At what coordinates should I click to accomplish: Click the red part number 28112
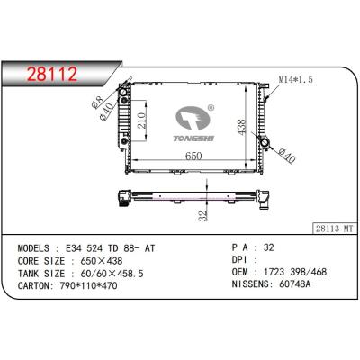coord(52,74)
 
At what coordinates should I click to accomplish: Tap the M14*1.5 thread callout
coord(296,79)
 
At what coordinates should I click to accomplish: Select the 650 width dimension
coord(193,156)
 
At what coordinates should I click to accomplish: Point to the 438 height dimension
coord(241,127)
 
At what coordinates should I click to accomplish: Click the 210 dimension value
coord(141,121)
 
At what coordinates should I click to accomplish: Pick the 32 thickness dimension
coord(203,215)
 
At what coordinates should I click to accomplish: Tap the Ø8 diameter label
coord(97,102)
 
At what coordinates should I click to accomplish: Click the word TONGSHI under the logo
coord(193,139)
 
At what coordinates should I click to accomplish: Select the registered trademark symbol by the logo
coord(211,108)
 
